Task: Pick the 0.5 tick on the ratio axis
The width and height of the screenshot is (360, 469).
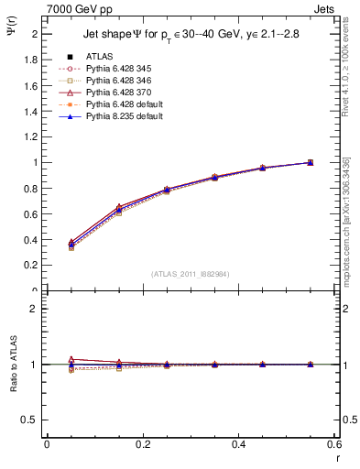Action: click(30, 420)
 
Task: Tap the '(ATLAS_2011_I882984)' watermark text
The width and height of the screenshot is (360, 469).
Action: click(170, 274)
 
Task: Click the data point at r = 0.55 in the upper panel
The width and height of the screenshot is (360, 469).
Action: click(310, 162)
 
